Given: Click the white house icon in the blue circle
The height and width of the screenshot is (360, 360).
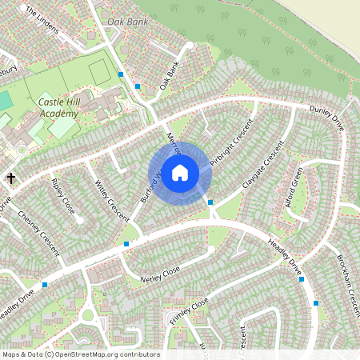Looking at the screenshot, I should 180,173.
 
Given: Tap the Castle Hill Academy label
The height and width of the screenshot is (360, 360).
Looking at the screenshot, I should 58,109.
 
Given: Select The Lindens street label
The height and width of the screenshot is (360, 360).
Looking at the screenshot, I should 42,22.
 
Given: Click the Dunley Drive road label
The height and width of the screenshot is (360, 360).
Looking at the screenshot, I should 326,118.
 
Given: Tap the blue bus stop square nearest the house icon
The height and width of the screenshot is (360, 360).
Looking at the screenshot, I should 210,202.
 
